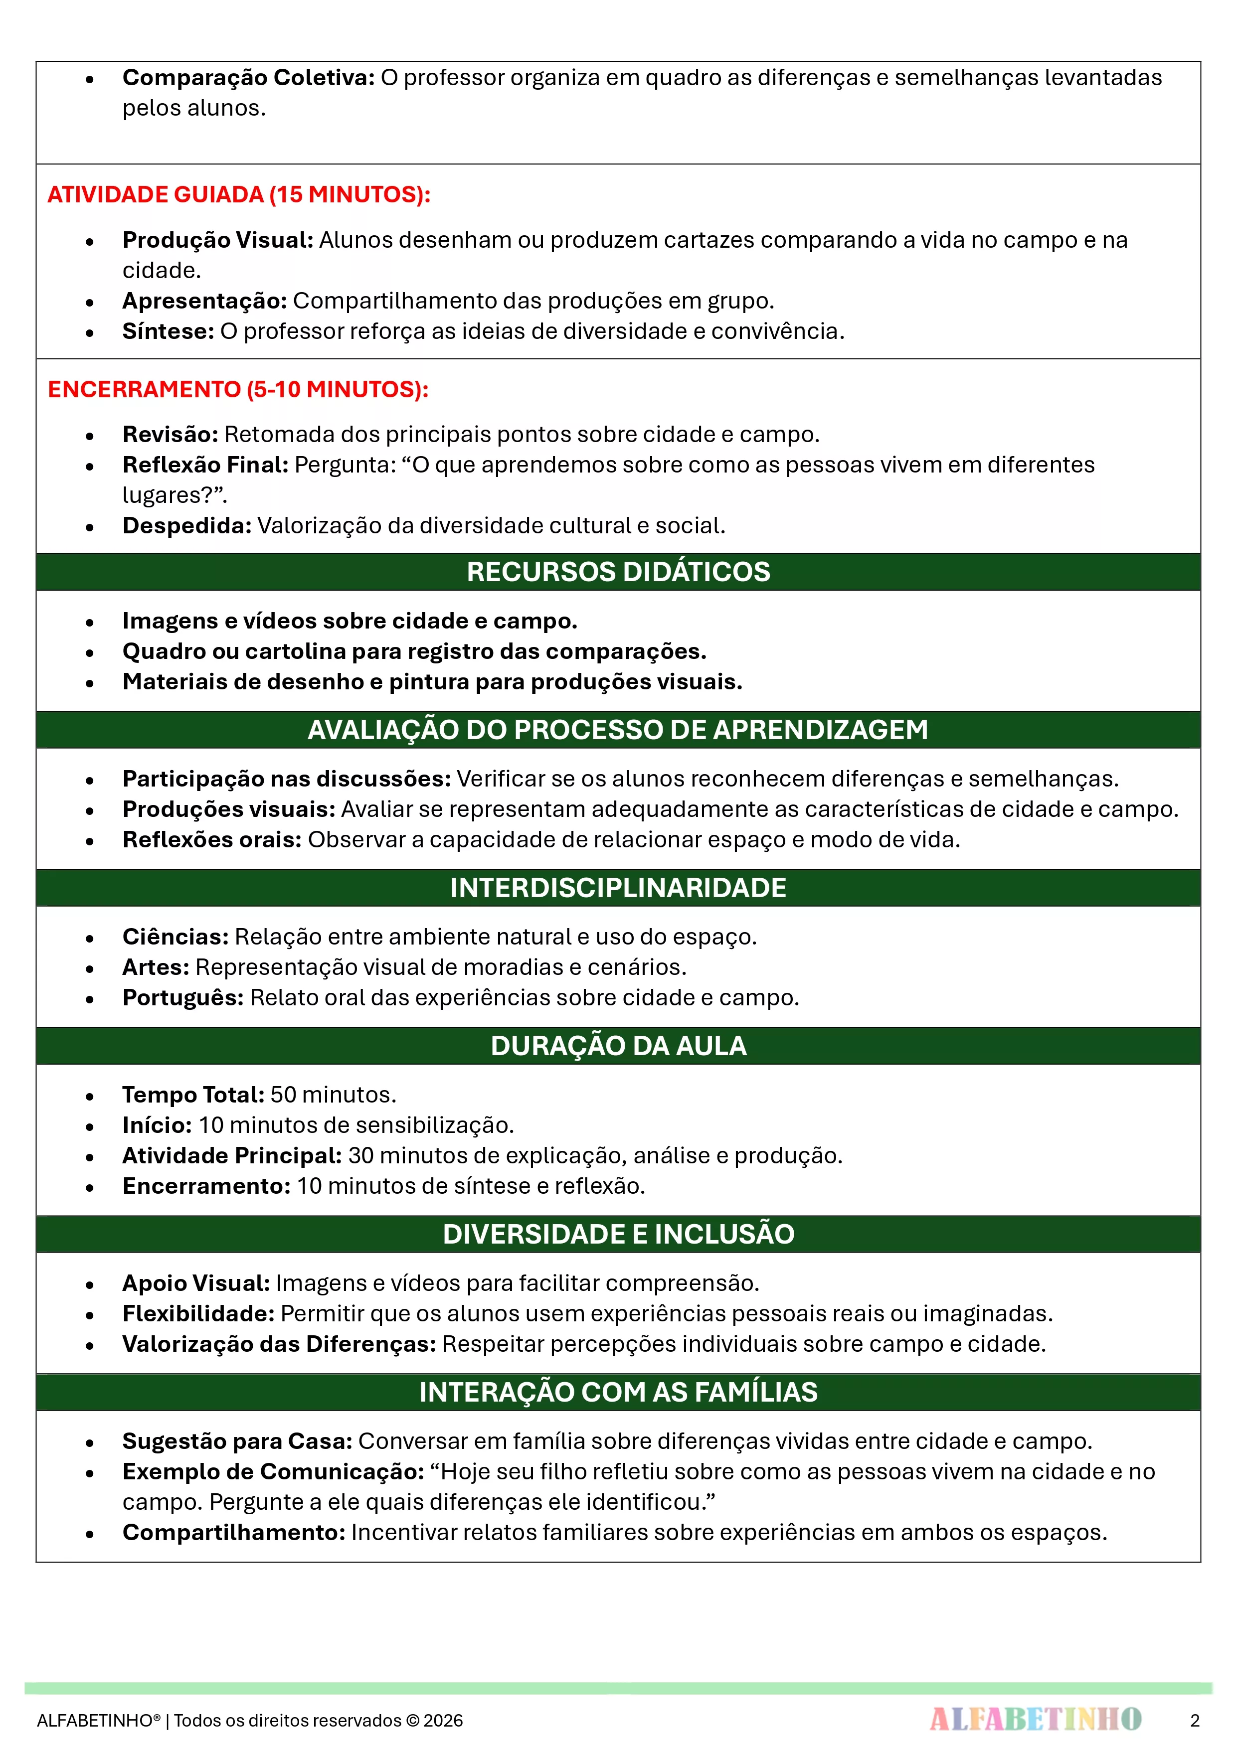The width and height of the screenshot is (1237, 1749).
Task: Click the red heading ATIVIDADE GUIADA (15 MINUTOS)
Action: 238,194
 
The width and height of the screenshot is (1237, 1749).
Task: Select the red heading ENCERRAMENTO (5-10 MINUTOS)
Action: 238,389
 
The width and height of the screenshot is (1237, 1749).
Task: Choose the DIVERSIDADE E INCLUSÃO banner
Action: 618,1234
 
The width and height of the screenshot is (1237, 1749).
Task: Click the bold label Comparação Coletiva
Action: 248,78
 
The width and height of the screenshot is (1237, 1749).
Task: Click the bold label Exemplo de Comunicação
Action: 273,1472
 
